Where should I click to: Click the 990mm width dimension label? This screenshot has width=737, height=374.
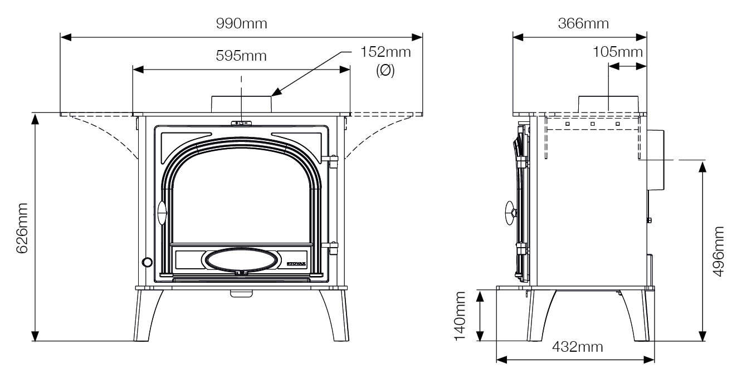[242, 24]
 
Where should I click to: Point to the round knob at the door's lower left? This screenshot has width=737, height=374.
[147, 262]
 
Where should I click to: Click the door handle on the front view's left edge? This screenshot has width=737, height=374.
[162, 213]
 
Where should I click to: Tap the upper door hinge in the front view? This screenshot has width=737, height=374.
[333, 160]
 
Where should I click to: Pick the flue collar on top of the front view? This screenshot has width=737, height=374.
[241, 104]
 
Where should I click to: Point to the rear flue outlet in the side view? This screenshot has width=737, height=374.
[655, 159]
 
